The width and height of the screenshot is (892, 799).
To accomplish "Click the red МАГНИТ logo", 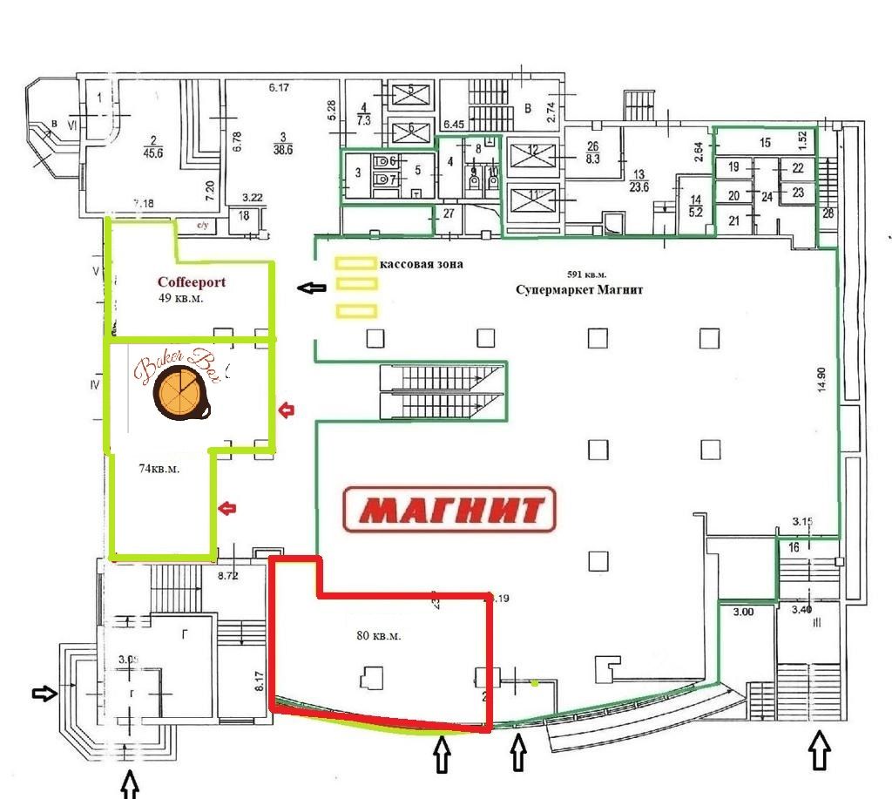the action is (449, 509).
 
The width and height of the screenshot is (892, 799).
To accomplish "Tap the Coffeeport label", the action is (191, 282).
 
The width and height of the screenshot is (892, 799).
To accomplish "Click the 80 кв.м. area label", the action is (379, 636).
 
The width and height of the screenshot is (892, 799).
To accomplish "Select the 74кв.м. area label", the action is (159, 469).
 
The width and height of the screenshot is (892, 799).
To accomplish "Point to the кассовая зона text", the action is (422, 263).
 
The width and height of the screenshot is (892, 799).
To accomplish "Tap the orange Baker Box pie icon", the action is (179, 392).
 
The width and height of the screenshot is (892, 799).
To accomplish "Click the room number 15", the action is (765, 142).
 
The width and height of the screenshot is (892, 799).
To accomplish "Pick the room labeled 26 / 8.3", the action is (593, 152).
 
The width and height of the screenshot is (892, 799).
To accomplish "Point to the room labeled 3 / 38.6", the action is (283, 143).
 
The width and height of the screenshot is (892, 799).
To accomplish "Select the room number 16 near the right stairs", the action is (793, 547).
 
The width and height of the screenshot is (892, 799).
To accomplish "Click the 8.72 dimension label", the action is (227, 575).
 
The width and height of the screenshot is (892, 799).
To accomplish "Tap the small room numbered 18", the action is (244, 215).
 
